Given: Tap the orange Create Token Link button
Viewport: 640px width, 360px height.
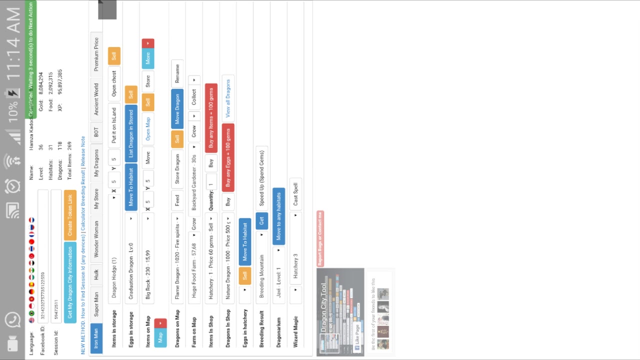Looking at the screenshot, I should click(70, 215).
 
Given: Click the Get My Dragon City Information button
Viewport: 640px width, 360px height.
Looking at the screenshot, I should click(70, 282).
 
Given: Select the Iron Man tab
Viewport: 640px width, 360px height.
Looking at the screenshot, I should click(96, 338).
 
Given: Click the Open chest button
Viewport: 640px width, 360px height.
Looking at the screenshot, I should click(114, 83).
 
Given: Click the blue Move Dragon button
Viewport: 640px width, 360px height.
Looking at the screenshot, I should click(177, 108).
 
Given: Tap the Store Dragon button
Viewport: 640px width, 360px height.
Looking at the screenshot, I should click(177, 169).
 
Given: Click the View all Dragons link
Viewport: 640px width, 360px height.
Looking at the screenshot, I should click(228, 98).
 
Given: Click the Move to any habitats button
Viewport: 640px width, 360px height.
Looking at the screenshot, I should click(278, 216).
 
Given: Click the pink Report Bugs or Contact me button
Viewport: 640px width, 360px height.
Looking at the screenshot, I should click(320, 238).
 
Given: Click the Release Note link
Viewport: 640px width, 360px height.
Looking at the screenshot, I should click(83, 151).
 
